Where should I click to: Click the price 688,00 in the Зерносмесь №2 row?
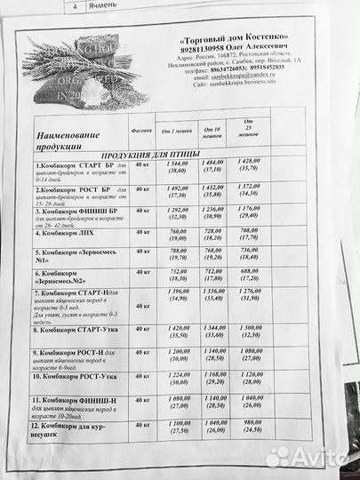coord(253,272)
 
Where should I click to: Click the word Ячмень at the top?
coord(108,5)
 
